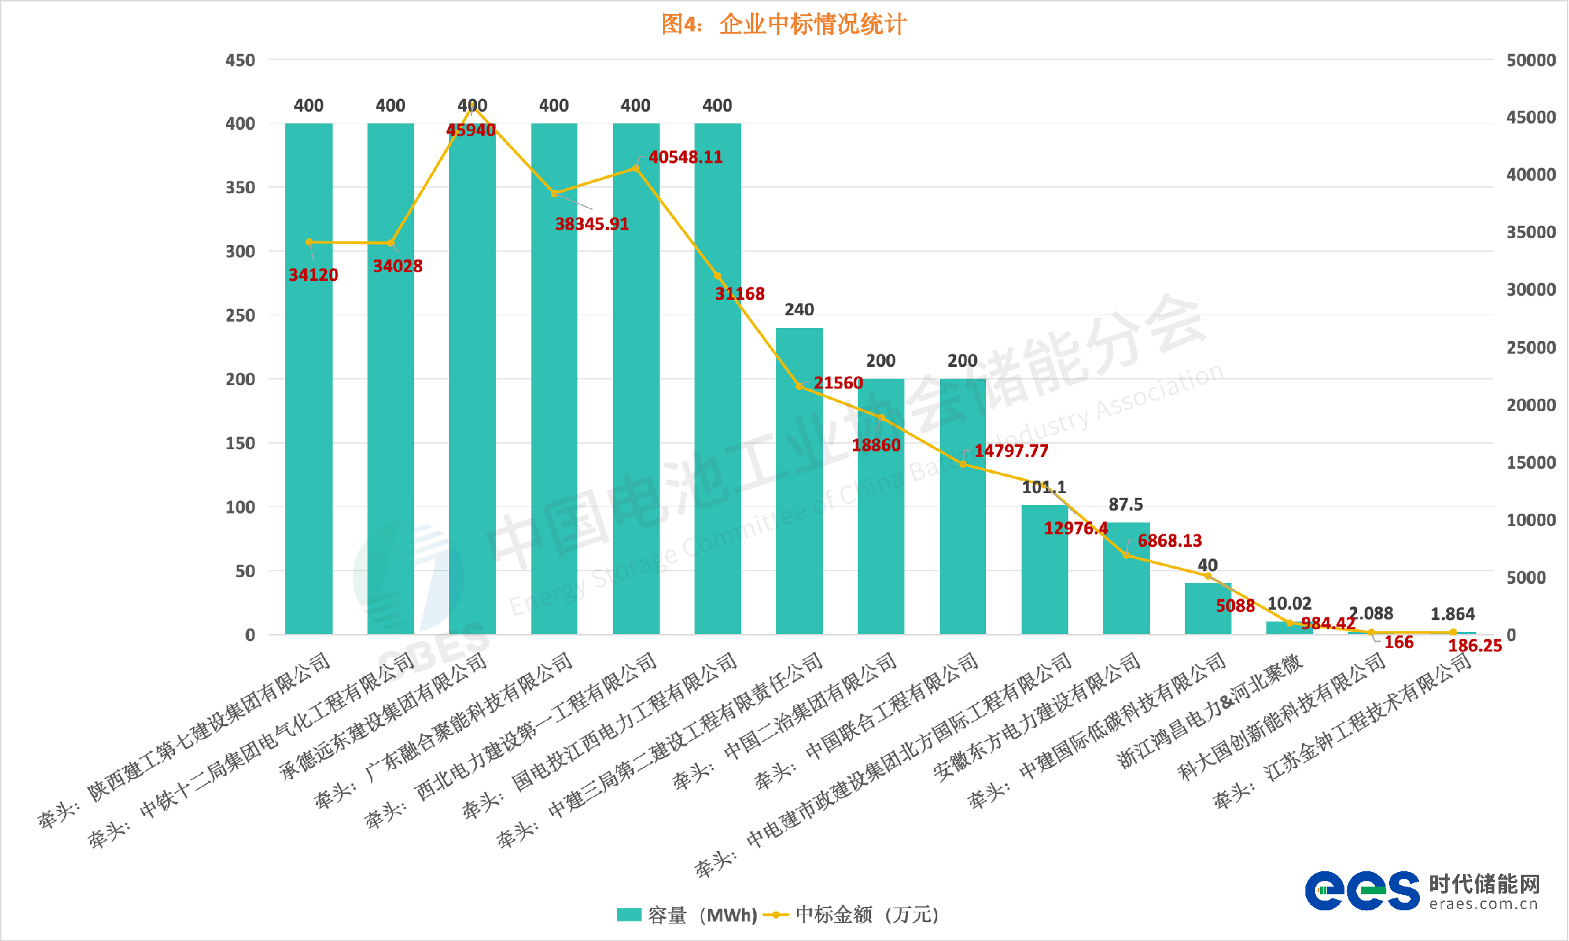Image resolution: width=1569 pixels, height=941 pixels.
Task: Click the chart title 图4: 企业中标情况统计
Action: [x=784, y=24]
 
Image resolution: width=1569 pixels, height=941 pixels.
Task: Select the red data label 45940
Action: [x=471, y=130]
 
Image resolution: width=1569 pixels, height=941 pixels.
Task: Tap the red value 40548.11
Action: [x=685, y=158]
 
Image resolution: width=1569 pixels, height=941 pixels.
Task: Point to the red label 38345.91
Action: [x=592, y=225]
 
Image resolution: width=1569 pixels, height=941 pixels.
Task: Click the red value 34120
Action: [x=313, y=276]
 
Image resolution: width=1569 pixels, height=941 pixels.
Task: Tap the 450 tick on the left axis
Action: [x=241, y=61]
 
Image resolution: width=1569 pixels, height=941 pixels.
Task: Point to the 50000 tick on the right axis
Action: [x=1531, y=61]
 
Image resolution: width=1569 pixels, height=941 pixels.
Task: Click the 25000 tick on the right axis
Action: [x=1531, y=347]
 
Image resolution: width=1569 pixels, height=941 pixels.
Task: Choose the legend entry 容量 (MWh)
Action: [x=687, y=914]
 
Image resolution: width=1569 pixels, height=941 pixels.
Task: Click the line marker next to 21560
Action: [x=800, y=386]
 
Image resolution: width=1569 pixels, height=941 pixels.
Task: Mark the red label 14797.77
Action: [x=1011, y=451]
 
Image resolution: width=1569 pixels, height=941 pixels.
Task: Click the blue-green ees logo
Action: [x=1362, y=891]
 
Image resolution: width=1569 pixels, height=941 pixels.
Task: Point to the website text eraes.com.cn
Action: [x=1483, y=905]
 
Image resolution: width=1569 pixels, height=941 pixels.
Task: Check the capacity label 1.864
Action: [x=1453, y=615]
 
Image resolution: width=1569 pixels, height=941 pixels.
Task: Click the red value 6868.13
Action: [x=1169, y=541]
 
